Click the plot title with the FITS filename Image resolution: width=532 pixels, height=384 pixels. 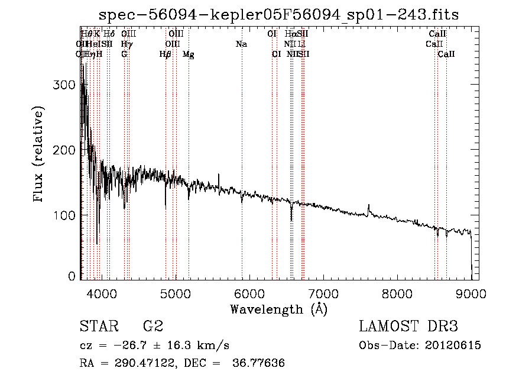[x=279, y=14]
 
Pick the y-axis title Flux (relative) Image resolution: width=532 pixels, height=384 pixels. [x=39, y=155]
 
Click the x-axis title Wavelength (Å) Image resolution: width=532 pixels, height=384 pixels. [x=278, y=309]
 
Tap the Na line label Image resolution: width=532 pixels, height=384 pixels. [x=241, y=44]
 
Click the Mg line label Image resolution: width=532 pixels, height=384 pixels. [x=189, y=54]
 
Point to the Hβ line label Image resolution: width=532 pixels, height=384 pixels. [x=165, y=54]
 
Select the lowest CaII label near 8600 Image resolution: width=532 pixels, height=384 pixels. [x=446, y=54]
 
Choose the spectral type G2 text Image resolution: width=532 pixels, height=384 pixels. [x=153, y=327]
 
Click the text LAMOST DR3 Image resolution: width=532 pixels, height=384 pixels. [x=408, y=327]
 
